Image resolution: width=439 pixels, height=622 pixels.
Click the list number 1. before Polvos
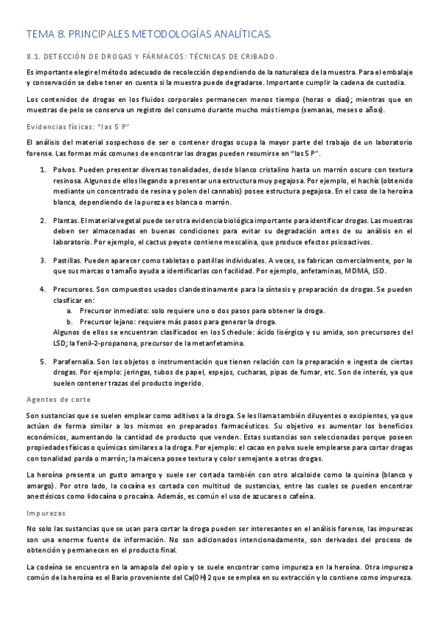(x=43, y=169)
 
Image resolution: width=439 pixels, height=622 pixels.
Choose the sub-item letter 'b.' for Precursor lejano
(x=69, y=321)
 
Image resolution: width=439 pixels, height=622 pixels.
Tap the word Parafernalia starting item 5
(x=73, y=362)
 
